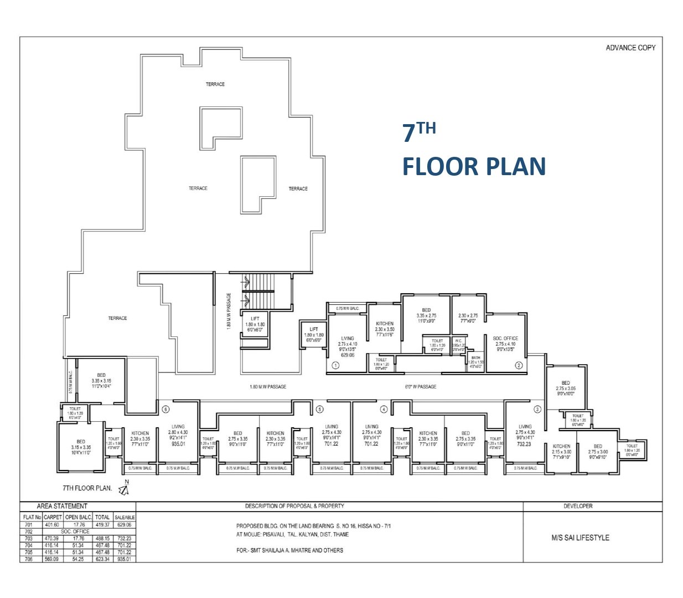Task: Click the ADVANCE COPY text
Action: pos(630,48)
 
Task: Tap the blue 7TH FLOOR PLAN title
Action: pos(473,151)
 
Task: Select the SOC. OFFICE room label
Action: pos(505,338)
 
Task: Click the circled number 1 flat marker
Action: pos(335,365)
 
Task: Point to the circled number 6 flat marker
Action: pos(165,410)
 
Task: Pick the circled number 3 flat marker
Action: pos(537,410)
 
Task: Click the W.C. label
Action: pos(459,341)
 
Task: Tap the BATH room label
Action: pos(475,358)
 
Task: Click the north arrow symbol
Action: pos(125,489)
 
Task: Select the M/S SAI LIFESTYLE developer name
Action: pos(579,538)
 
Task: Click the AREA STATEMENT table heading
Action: pos(61,506)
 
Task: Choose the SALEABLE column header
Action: pos(125,517)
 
